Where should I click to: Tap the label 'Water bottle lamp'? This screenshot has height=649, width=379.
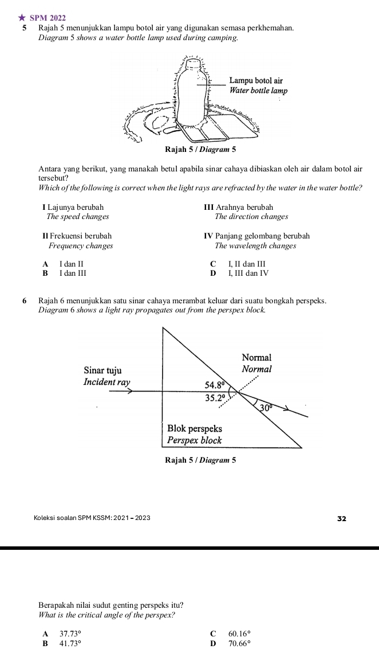[x=258, y=91]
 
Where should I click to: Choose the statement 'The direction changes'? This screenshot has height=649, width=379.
[x=251, y=217]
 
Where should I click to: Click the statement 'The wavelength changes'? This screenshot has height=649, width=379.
[x=255, y=245]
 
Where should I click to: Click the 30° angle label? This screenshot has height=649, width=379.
[x=264, y=407]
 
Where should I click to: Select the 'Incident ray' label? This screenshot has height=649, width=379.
[x=106, y=382]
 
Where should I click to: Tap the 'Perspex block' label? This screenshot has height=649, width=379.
[x=194, y=440]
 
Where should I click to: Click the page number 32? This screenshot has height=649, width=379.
[x=342, y=518]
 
